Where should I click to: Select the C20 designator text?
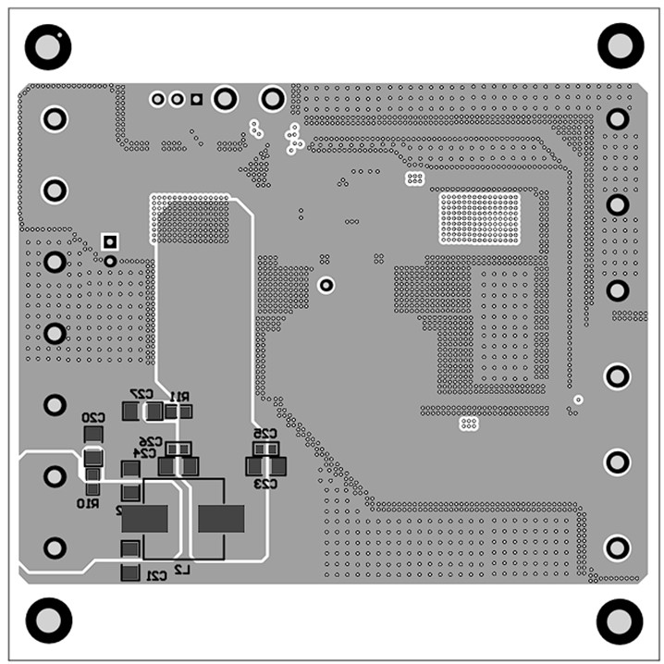(93, 418)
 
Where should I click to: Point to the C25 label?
(265, 434)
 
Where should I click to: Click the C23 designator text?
(266, 484)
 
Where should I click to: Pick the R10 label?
(88, 504)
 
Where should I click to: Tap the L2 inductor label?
(182, 572)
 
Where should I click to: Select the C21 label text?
(156, 576)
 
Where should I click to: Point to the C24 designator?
(145, 453)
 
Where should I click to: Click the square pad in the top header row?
(196, 99)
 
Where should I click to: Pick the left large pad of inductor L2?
(145, 520)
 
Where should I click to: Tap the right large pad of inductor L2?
(221, 520)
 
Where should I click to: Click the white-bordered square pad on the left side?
(110, 242)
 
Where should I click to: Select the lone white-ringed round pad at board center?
(326, 285)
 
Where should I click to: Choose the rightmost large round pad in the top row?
(273, 98)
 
